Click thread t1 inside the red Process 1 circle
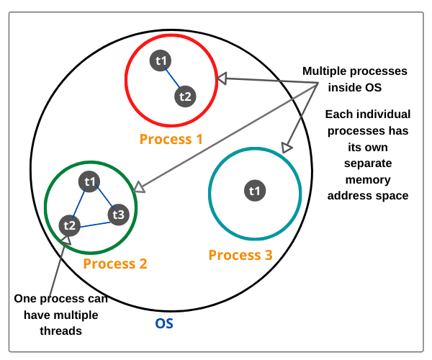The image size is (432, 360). [161, 60]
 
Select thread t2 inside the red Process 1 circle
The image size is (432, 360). [185, 96]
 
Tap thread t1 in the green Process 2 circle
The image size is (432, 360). [89, 181]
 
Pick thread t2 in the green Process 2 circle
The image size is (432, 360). [69, 225]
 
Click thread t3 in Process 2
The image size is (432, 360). [119, 215]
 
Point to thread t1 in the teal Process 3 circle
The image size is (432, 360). [255, 191]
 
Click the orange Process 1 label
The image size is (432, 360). [171, 139]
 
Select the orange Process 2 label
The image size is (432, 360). [115, 264]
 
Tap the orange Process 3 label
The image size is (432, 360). [240, 255]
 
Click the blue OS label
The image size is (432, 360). [164, 323]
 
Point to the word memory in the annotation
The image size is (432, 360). [368, 180]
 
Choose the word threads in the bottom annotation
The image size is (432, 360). [61, 330]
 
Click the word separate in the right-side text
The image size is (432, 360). [368, 163]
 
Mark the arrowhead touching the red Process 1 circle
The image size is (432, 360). [222, 78]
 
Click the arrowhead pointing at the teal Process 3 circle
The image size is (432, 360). [286, 148]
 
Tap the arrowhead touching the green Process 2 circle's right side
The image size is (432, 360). [139, 187]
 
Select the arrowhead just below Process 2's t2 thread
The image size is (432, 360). [66, 240]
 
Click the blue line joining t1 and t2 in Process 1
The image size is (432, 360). [172, 78]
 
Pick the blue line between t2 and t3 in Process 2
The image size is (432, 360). [95, 225]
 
